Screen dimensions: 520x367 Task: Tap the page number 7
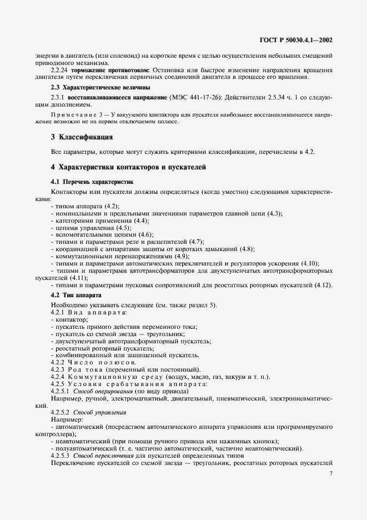point(330,473)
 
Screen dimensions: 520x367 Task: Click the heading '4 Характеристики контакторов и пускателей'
point(128,167)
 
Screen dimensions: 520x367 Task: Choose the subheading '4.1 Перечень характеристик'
point(92,182)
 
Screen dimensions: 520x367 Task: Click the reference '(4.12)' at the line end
point(323,285)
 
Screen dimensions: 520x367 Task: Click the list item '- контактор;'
point(69,320)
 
